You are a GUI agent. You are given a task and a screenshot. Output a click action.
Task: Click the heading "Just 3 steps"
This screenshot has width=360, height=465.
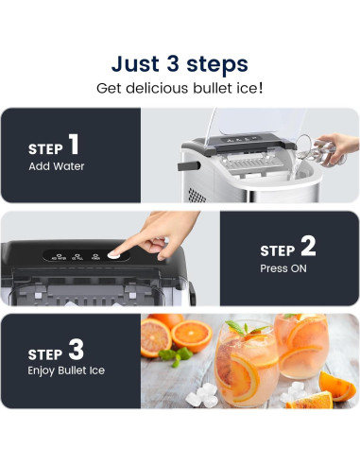[x=180, y=64]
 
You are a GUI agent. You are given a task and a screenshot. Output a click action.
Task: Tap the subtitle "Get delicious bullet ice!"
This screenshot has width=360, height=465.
[x=180, y=88]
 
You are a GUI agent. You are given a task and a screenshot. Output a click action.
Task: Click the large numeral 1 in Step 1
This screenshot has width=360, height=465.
[x=74, y=144]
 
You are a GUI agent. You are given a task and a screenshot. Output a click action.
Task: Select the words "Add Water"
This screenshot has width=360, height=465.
[x=57, y=166]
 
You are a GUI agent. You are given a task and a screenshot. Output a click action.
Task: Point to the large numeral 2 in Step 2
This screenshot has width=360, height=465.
[x=308, y=246]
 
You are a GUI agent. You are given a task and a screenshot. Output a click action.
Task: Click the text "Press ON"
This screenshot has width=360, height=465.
[x=283, y=268]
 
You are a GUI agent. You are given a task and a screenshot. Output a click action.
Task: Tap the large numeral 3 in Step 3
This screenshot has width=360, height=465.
[x=77, y=349]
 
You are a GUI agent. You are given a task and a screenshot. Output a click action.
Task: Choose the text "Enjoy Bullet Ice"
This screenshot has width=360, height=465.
[x=66, y=370]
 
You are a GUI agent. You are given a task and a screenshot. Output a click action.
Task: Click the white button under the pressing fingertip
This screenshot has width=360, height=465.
[x=113, y=255]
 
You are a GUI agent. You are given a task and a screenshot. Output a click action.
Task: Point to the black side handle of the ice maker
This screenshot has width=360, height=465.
[x=189, y=165]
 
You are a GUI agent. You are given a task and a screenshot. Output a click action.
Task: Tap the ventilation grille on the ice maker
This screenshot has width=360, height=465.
[x=197, y=196]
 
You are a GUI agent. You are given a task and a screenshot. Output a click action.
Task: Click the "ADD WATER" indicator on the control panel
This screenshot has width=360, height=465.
[x=59, y=257]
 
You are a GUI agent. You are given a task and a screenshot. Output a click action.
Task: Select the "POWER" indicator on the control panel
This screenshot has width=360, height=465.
[x=95, y=257]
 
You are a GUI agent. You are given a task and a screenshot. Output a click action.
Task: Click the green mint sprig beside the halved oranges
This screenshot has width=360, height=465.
[x=175, y=356]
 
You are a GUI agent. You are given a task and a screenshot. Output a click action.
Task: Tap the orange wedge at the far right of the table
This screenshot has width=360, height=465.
[x=337, y=387]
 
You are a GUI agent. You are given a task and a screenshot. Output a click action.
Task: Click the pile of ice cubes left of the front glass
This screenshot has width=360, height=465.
[x=201, y=395]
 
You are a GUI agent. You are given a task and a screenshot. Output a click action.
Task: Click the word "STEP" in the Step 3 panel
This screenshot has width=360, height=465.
[x=45, y=354]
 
